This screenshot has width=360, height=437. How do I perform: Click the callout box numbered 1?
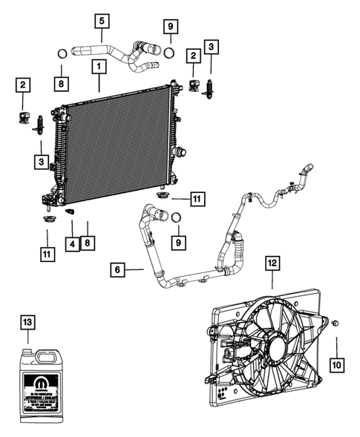(97, 67)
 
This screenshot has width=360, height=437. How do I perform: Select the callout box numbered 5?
(102, 19)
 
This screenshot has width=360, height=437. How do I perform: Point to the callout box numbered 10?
(336, 364)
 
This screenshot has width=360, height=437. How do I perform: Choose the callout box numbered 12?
(272, 262)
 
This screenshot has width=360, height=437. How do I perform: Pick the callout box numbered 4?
(71, 243)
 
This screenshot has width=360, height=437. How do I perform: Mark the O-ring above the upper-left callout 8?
(63, 53)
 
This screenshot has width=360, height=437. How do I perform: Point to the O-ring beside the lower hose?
(176, 217)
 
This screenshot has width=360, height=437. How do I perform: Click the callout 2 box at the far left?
(24, 85)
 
